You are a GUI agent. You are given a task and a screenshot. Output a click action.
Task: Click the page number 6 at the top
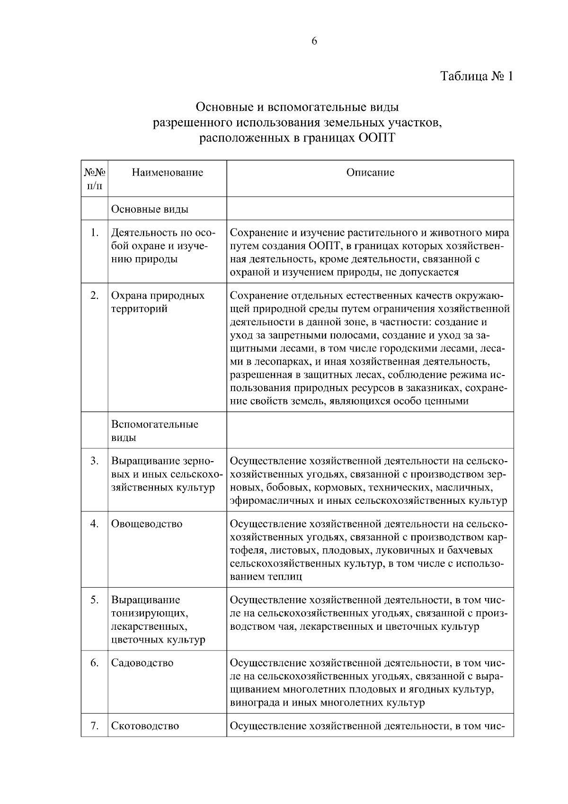click(314, 41)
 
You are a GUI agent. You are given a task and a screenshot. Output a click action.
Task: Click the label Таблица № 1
click(476, 76)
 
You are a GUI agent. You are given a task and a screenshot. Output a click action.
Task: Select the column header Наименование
click(168, 172)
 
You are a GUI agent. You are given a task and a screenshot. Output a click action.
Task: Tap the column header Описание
click(370, 172)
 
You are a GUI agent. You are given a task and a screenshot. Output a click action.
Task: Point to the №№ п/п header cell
click(95, 179)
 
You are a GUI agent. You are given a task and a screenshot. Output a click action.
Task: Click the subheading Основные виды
click(150, 209)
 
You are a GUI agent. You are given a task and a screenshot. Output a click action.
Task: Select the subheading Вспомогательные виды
click(155, 430)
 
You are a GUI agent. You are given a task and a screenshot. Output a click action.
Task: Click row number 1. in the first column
click(95, 232)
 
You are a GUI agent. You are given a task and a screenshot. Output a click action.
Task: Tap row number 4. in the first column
click(95, 524)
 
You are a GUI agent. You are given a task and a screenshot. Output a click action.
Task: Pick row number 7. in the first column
click(95, 726)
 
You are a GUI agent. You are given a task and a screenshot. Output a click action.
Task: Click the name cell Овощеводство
click(147, 524)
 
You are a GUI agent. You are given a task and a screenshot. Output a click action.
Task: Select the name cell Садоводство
click(142, 663)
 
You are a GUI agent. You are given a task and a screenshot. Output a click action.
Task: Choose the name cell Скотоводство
click(145, 726)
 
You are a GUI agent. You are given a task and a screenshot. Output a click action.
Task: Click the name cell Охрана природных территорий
click(158, 302)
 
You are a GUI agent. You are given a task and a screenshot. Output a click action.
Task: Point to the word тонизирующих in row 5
click(150, 614)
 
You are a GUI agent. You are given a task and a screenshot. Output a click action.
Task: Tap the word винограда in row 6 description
click(254, 703)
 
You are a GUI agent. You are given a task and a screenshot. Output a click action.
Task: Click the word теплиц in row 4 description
click(286, 577)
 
